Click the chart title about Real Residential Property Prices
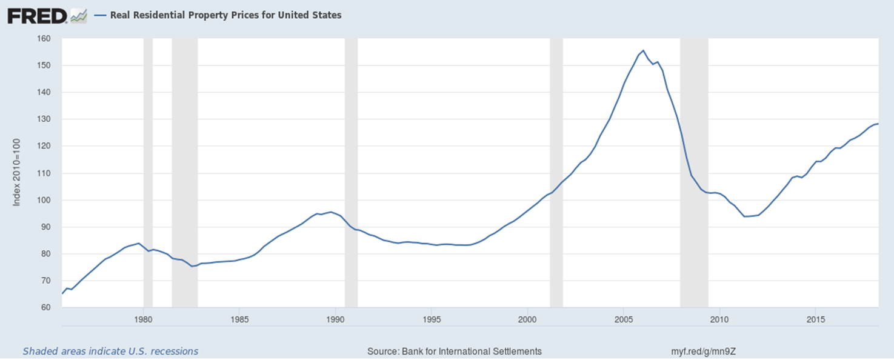point(225,15)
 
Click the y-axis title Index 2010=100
point(17,173)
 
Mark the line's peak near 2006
point(643,50)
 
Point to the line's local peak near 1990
point(330,212)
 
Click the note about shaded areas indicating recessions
point(110,351)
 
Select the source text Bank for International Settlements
point(455,351)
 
